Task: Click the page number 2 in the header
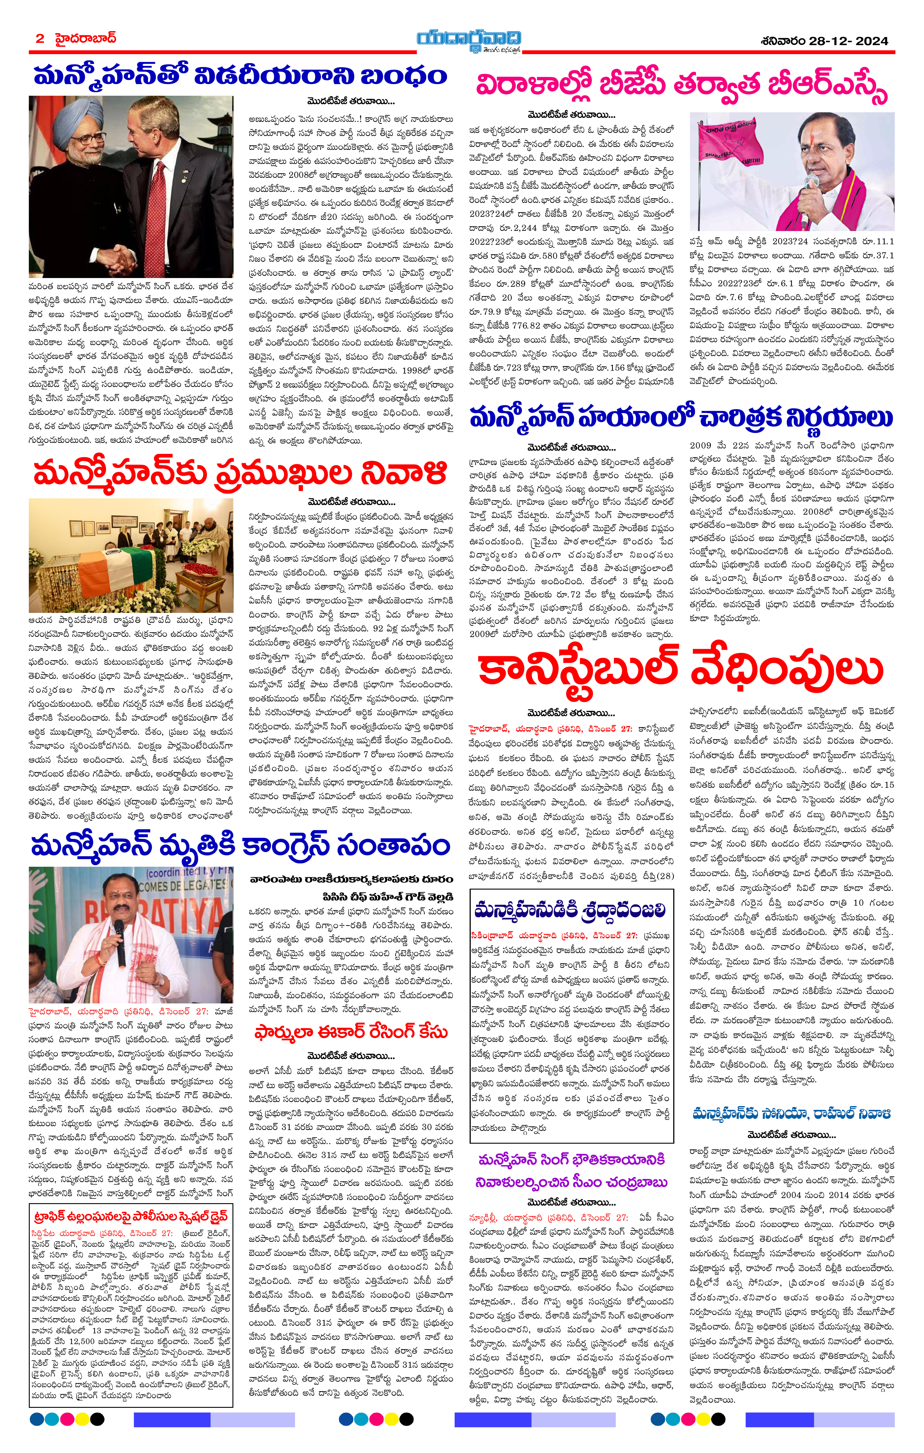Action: pyautogui.click(x=40, y=39)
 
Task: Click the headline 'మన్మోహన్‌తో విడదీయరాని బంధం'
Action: pyautogui.click(x=240, y=77)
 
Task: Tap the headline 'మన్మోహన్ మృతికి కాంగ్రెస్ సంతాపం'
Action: pyautogui.click(x=240, y=845)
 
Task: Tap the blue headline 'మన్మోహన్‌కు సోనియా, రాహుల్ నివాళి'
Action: pyautogui.click(x=791, y=1113)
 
